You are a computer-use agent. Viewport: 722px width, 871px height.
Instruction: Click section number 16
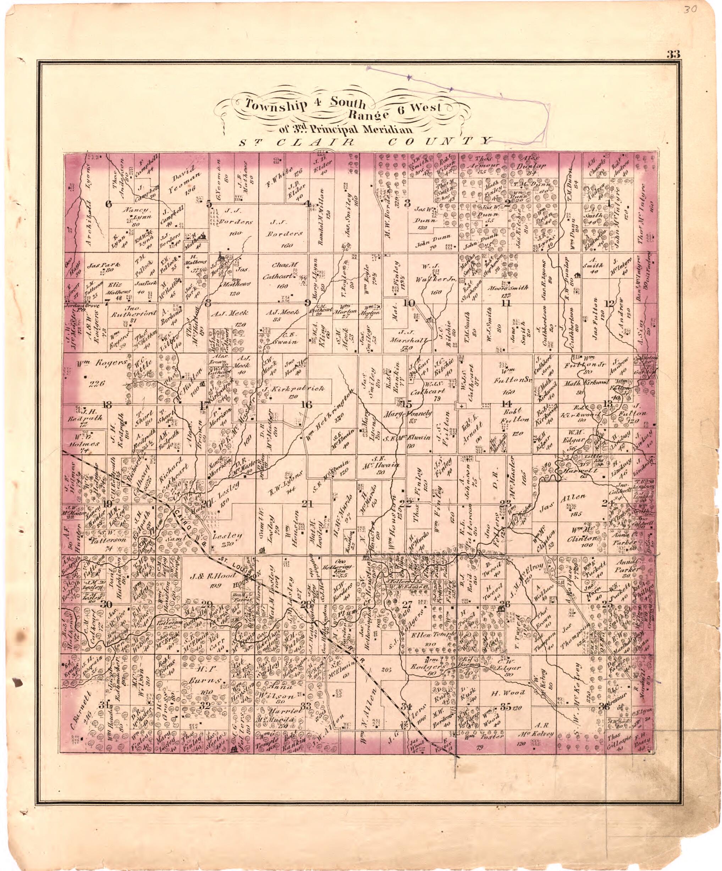pyautogui.click(x=306, y=405)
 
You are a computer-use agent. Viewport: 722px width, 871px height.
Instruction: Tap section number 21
pyautogui.click(x=307, y=504)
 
